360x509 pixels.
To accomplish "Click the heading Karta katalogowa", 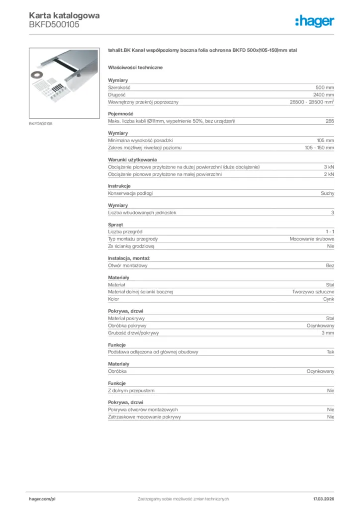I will click(64, 15).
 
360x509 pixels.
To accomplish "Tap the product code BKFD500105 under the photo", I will click(40, 123).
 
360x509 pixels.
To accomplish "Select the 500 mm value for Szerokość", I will click(325, 87).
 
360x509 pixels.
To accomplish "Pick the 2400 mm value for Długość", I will click(324, 94).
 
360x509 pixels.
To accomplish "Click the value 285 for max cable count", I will click(330, 121).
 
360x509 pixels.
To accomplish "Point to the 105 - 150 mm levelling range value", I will click(319, 148).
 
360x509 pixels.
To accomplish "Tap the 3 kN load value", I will click(329, 167).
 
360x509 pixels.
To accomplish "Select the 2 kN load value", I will click(329, 174).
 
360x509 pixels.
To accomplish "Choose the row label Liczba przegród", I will click(125, 232).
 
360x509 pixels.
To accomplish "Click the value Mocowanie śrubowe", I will click(312, 239).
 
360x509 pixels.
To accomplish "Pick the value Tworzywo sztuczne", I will click(313, 292).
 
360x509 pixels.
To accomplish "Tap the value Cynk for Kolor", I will click(329, 299).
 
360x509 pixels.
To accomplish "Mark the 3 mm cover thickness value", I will click(327, 333).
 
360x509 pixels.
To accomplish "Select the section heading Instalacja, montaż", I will click(129, 258).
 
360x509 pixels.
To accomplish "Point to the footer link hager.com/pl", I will click(42, 499).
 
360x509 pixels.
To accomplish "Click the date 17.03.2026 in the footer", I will click(323, 499).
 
